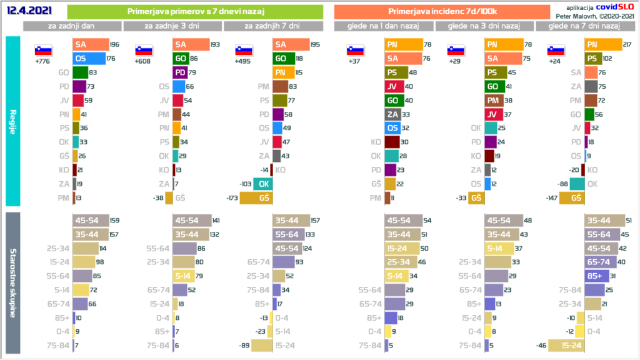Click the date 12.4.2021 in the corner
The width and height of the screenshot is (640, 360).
pos(28,11)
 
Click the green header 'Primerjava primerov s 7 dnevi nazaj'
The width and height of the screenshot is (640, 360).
pos(194,11)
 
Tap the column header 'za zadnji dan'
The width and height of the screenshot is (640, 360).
pos(72,26)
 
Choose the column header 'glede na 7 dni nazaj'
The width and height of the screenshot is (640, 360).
pos(583,26)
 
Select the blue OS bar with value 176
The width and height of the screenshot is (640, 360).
pos(89,59)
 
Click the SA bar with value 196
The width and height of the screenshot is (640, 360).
pos(90,44)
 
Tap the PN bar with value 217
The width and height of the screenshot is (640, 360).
pos(603,44)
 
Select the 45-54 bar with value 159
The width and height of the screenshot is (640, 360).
pos(90,220)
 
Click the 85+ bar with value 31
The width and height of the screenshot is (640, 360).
pos(594,276)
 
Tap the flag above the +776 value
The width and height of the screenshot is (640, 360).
pos(42,50)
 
